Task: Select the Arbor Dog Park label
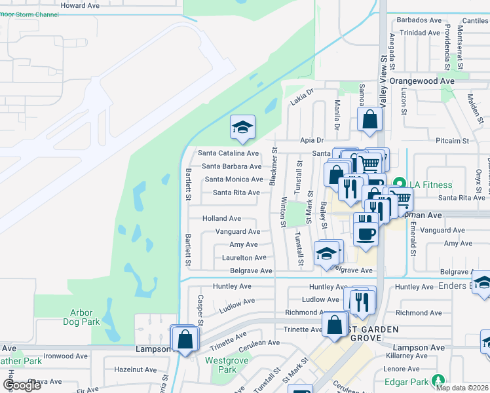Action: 82,317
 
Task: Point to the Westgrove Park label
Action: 220,365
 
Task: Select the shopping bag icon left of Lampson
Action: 185,339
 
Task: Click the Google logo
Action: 22,384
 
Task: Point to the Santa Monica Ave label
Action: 233,179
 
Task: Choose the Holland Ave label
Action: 221,218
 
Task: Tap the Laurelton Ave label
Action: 244,258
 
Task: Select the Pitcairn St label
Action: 452,141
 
